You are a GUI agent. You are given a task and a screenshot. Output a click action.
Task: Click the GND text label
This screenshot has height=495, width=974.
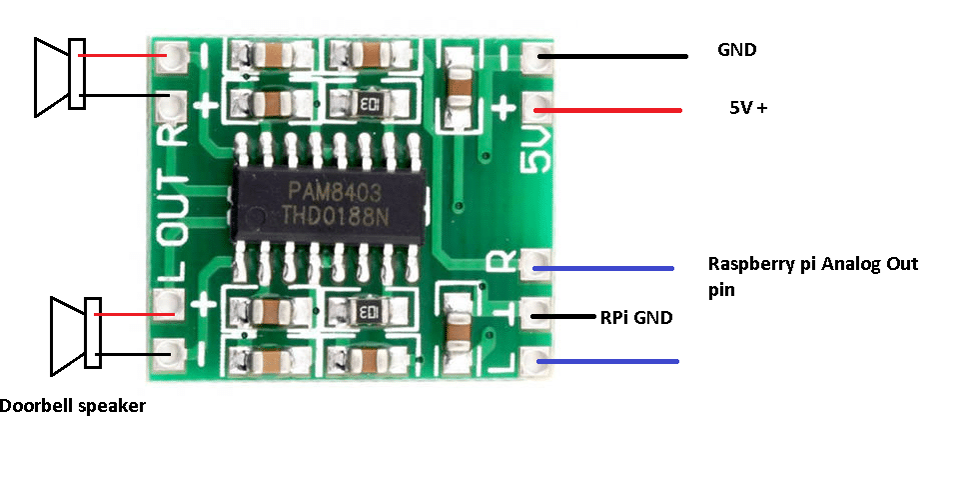736,50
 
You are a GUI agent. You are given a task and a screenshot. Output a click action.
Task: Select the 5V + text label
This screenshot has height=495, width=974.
748,108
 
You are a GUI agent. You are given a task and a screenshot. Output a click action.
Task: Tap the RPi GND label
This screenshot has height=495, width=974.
636,318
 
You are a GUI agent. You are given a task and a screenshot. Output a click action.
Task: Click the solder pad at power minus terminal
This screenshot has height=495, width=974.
536,56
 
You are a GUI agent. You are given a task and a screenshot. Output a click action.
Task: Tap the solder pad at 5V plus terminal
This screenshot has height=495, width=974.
536,104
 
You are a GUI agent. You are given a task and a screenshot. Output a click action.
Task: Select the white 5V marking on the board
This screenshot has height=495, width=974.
535,149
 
